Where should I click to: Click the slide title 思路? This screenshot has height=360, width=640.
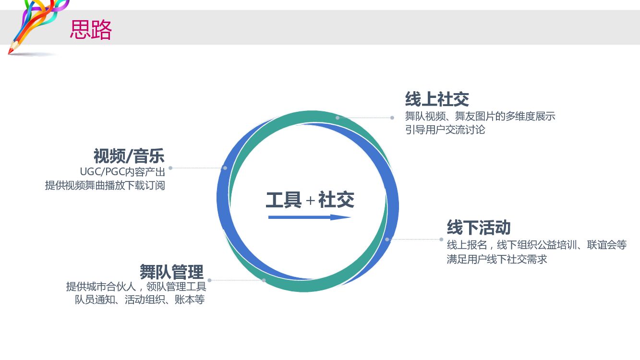(91, 30)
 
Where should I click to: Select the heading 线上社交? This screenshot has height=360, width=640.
(436, 99)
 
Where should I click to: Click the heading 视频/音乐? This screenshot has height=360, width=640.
(129, 156)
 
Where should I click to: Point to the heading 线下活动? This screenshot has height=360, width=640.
(478, 227)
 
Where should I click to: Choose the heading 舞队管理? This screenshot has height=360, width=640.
(171, 272)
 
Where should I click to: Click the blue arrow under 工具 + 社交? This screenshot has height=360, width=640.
(310, 217)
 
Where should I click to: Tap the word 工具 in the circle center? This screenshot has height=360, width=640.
(283, 200)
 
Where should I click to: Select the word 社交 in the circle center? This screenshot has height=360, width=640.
(336, 200)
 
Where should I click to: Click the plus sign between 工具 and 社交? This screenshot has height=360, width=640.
(310, 201)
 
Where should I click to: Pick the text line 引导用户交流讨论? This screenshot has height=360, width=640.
(445, 130)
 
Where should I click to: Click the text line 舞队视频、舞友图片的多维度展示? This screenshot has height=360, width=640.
(480, 116)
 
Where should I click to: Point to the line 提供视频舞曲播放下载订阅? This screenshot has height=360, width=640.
(105, 185)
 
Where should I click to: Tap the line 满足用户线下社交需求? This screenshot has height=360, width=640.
(497, 259)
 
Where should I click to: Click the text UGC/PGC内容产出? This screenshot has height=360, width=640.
(122, 172)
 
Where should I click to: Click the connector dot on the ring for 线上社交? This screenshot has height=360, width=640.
(338, 118)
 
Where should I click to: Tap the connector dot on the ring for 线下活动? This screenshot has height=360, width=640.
(387, 239)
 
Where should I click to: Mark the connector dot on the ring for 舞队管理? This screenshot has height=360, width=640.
(264, 280)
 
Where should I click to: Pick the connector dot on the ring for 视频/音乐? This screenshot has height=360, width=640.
(225, 168)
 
